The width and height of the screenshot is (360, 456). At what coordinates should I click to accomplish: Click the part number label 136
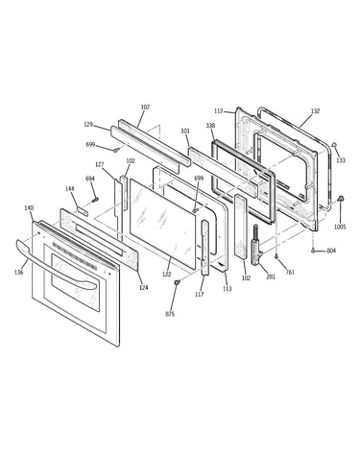pyautogui.click(x=19, y=273)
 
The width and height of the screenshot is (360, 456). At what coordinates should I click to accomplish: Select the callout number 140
pyautogui.click(x=29, y=208)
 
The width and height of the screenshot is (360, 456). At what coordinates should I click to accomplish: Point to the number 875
pyautogui.click(x=170, y=314)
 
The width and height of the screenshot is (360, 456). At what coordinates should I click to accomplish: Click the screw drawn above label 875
pyautogui.click(x=177, y=282)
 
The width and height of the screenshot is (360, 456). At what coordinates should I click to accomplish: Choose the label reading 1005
pyautogui.click(x=340, y=227)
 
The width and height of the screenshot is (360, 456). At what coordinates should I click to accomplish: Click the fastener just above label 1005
pyautogui.click(x=341, y=199)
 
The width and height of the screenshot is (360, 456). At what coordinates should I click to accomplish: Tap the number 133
pyautogui.click(x=341, y=160)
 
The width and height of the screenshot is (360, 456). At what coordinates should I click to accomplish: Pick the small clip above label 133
pyautogui.click(x=335, y=145)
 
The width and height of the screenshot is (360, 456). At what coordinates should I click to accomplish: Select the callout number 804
pyautogui.click(x=331, y=251)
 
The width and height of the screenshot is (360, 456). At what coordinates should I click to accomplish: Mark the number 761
pyautogui.click(x=290, y=273)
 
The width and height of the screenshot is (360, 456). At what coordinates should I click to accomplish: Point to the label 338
pyautogui.click(x=210, y=126)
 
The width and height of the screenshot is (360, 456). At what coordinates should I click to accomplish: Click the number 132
pyautogui.click(x=315, y=111)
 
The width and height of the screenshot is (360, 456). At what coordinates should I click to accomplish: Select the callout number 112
pyautogui.click(x=219, y=111)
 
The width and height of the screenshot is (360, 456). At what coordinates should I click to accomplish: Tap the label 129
pyautogui.click(x=88, y=125)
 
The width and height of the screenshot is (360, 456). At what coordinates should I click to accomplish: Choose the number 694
pyautogui.click(x=90, y=179)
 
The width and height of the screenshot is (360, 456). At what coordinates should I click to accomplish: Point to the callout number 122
pyautogui.click(x=167, y=274)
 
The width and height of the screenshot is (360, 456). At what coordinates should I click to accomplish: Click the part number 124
pyautogui.click(x=144, y=288)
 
